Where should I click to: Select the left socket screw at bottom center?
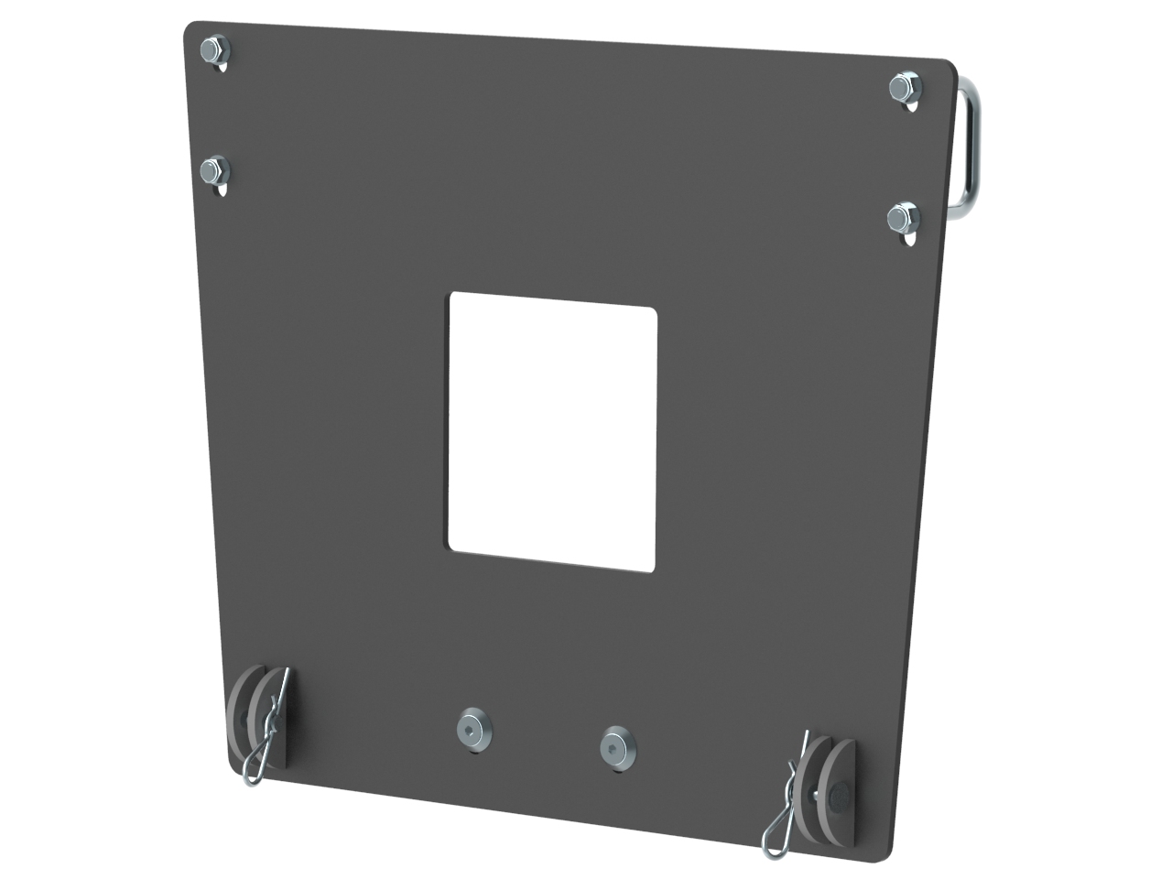473,727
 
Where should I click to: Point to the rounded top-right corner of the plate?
950,66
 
